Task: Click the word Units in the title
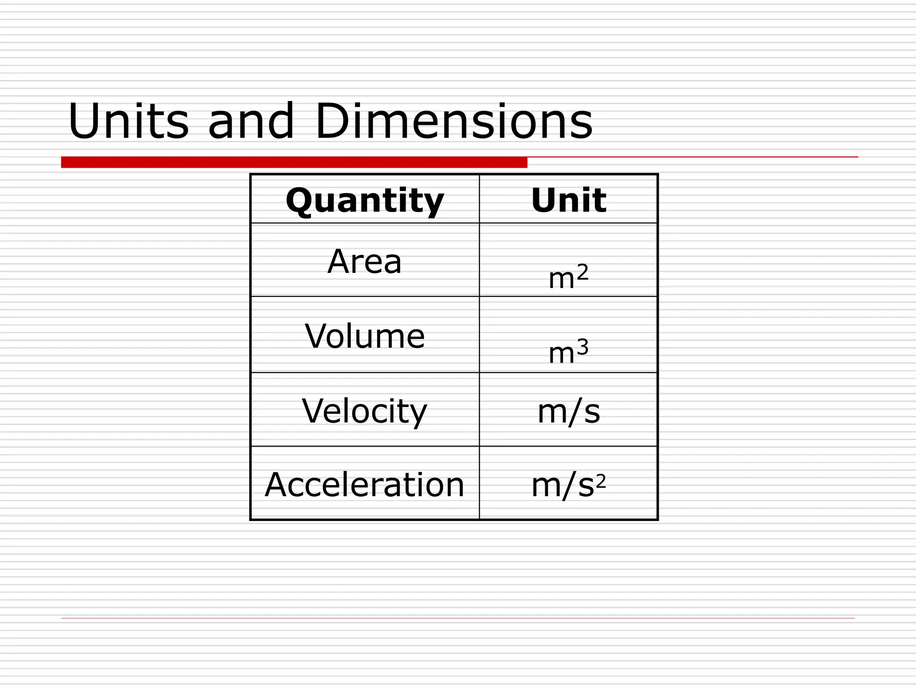pos(128,121)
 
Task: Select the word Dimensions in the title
pos(454,121)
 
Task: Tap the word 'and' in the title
pos(251,121)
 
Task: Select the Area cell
pos(365,261)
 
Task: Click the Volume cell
pos(365,336)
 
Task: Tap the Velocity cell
pos(365,411)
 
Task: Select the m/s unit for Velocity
pos(568,411)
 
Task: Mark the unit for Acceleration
pos(568,485)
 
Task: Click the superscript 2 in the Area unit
pos(582,271)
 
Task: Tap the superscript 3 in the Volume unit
pos(582,347)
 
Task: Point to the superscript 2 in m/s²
pos(601,481)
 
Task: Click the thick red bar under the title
pos(294,162)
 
